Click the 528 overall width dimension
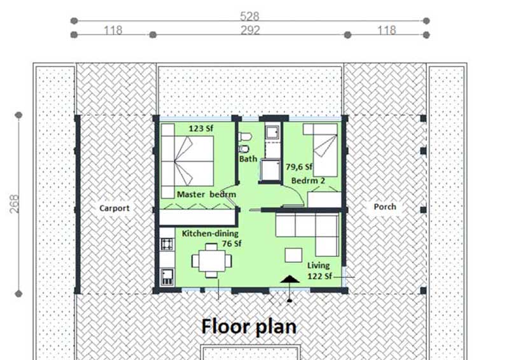pyautogui.click(x=250, y=16)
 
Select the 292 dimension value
pyautogui.click(x=250, y=31)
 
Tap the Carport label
pyautogui.click(x=115, y=208)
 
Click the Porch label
pyautogui.click(x=385, y=207)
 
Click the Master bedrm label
pyautogui.click(x=207, y=194)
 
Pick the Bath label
pyautogui.click(x=248, y=159)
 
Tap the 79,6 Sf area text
pyautogui.click(x=300, y=167)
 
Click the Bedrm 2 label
pyautogui.click(x=309, y=181)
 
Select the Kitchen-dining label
pyautogui.click(x=210, y=233)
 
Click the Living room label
pyautogui.click(x=319, y=266)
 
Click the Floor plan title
pyautogui.click(x=249, y=326)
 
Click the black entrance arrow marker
pyautogui.click(x=289, y=280)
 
